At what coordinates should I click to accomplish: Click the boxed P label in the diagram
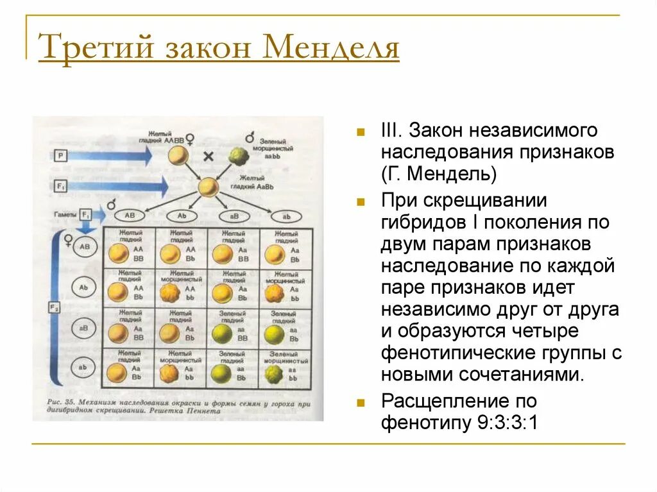[x=60, y=155]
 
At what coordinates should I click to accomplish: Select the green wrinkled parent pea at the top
[x=239, y=157]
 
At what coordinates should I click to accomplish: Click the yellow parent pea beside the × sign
[x=178, y=156]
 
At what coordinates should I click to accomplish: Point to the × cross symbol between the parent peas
[x=208, y=156]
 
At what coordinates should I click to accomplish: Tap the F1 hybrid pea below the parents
[x=207, y=187]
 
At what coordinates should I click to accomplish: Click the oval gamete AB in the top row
[x=130, y=216]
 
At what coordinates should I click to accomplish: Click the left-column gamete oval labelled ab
[x=83, y=368]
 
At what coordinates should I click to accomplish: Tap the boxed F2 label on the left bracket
[x=55, y=308]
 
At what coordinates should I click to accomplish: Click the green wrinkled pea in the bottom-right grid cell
[x=274, y=373]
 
